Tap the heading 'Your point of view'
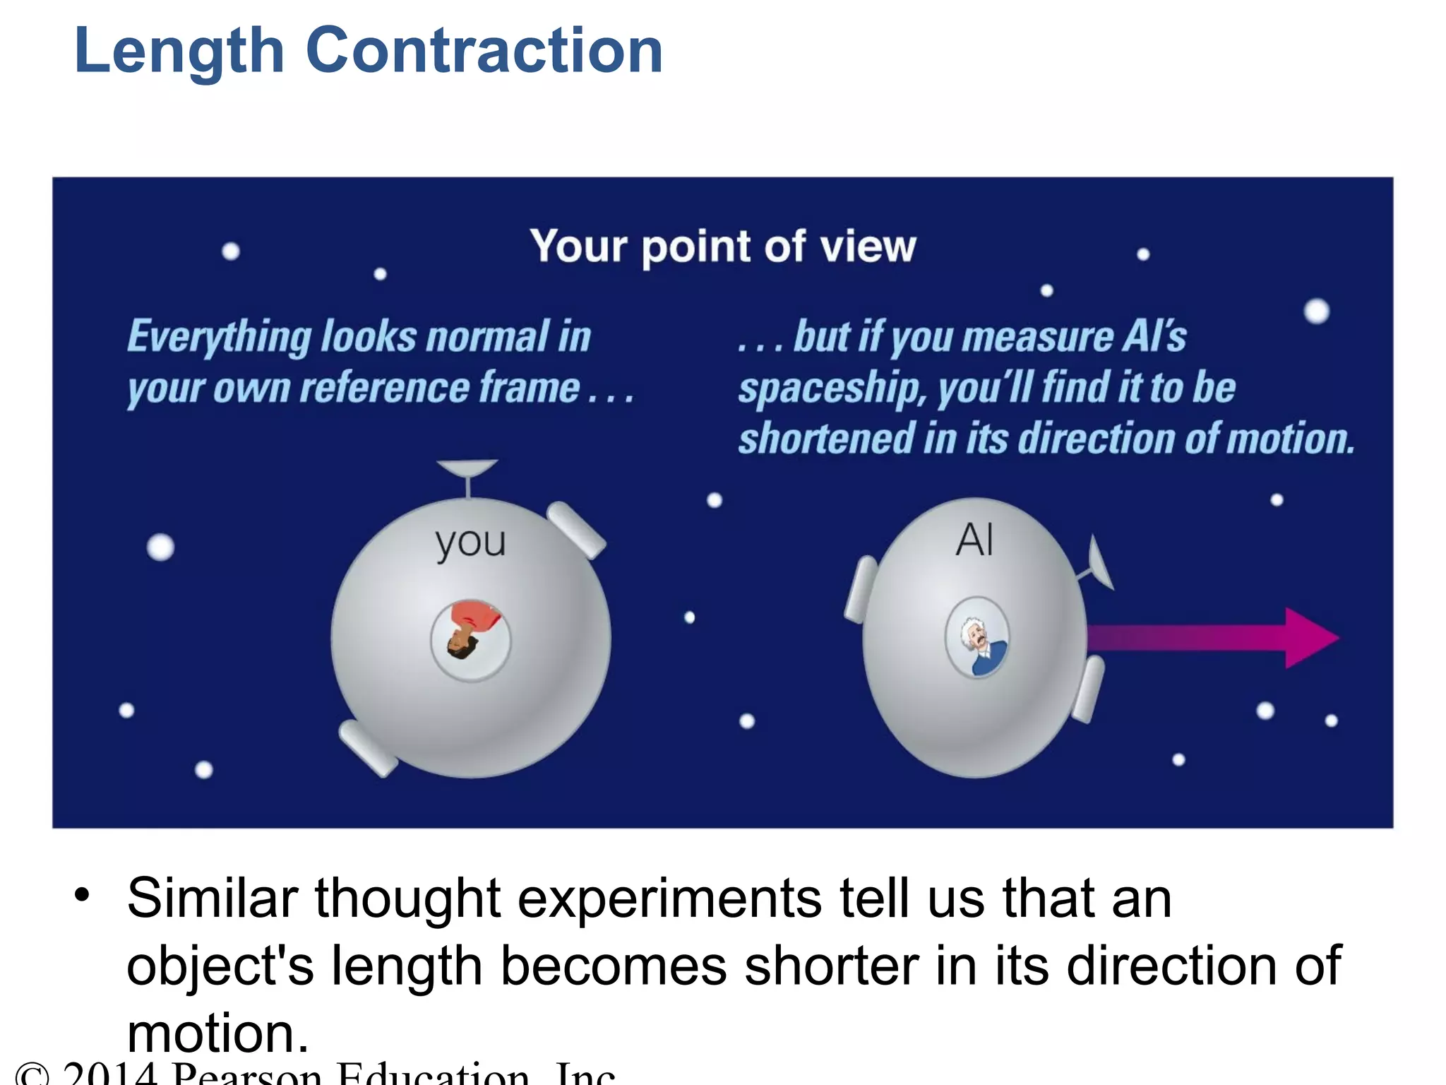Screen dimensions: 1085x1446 722,247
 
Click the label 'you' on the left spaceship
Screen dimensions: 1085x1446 470,542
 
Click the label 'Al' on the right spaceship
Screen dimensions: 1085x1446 974,540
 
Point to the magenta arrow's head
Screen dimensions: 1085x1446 1310,638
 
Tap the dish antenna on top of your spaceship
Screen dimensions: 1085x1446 467,470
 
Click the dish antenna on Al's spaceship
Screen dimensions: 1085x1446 1099,562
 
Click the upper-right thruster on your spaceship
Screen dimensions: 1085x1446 576,529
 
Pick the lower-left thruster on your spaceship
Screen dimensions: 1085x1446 367,748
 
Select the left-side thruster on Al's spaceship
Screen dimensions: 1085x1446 861,589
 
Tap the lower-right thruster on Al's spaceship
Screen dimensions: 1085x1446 1088,689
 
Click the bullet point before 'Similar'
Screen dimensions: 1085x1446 83,895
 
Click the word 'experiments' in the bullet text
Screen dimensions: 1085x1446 669,899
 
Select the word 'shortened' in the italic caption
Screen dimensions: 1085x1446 826,439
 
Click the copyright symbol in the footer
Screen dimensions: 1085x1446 32,1074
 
